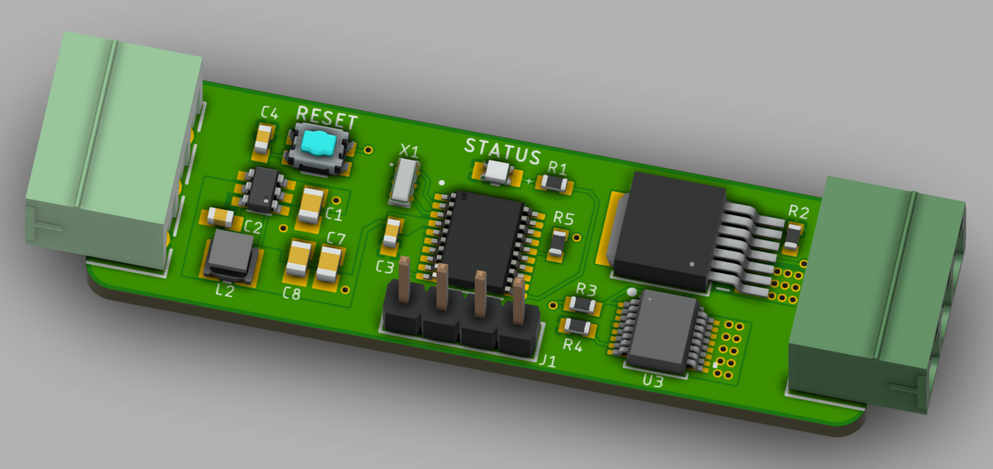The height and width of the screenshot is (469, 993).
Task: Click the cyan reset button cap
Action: (319, 143)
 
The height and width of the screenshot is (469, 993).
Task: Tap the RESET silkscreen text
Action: (327, 117)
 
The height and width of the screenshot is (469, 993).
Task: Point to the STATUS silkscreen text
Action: (503, 151)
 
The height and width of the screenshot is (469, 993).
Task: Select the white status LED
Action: (497, 171)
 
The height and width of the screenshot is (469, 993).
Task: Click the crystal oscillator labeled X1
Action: (404, 183)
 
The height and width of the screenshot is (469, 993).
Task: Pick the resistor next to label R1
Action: (554, 182)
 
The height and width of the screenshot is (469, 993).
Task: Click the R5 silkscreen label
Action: (564, 218)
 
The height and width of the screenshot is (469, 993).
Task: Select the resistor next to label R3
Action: (583, 304)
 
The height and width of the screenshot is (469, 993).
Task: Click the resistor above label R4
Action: (578, 327)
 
